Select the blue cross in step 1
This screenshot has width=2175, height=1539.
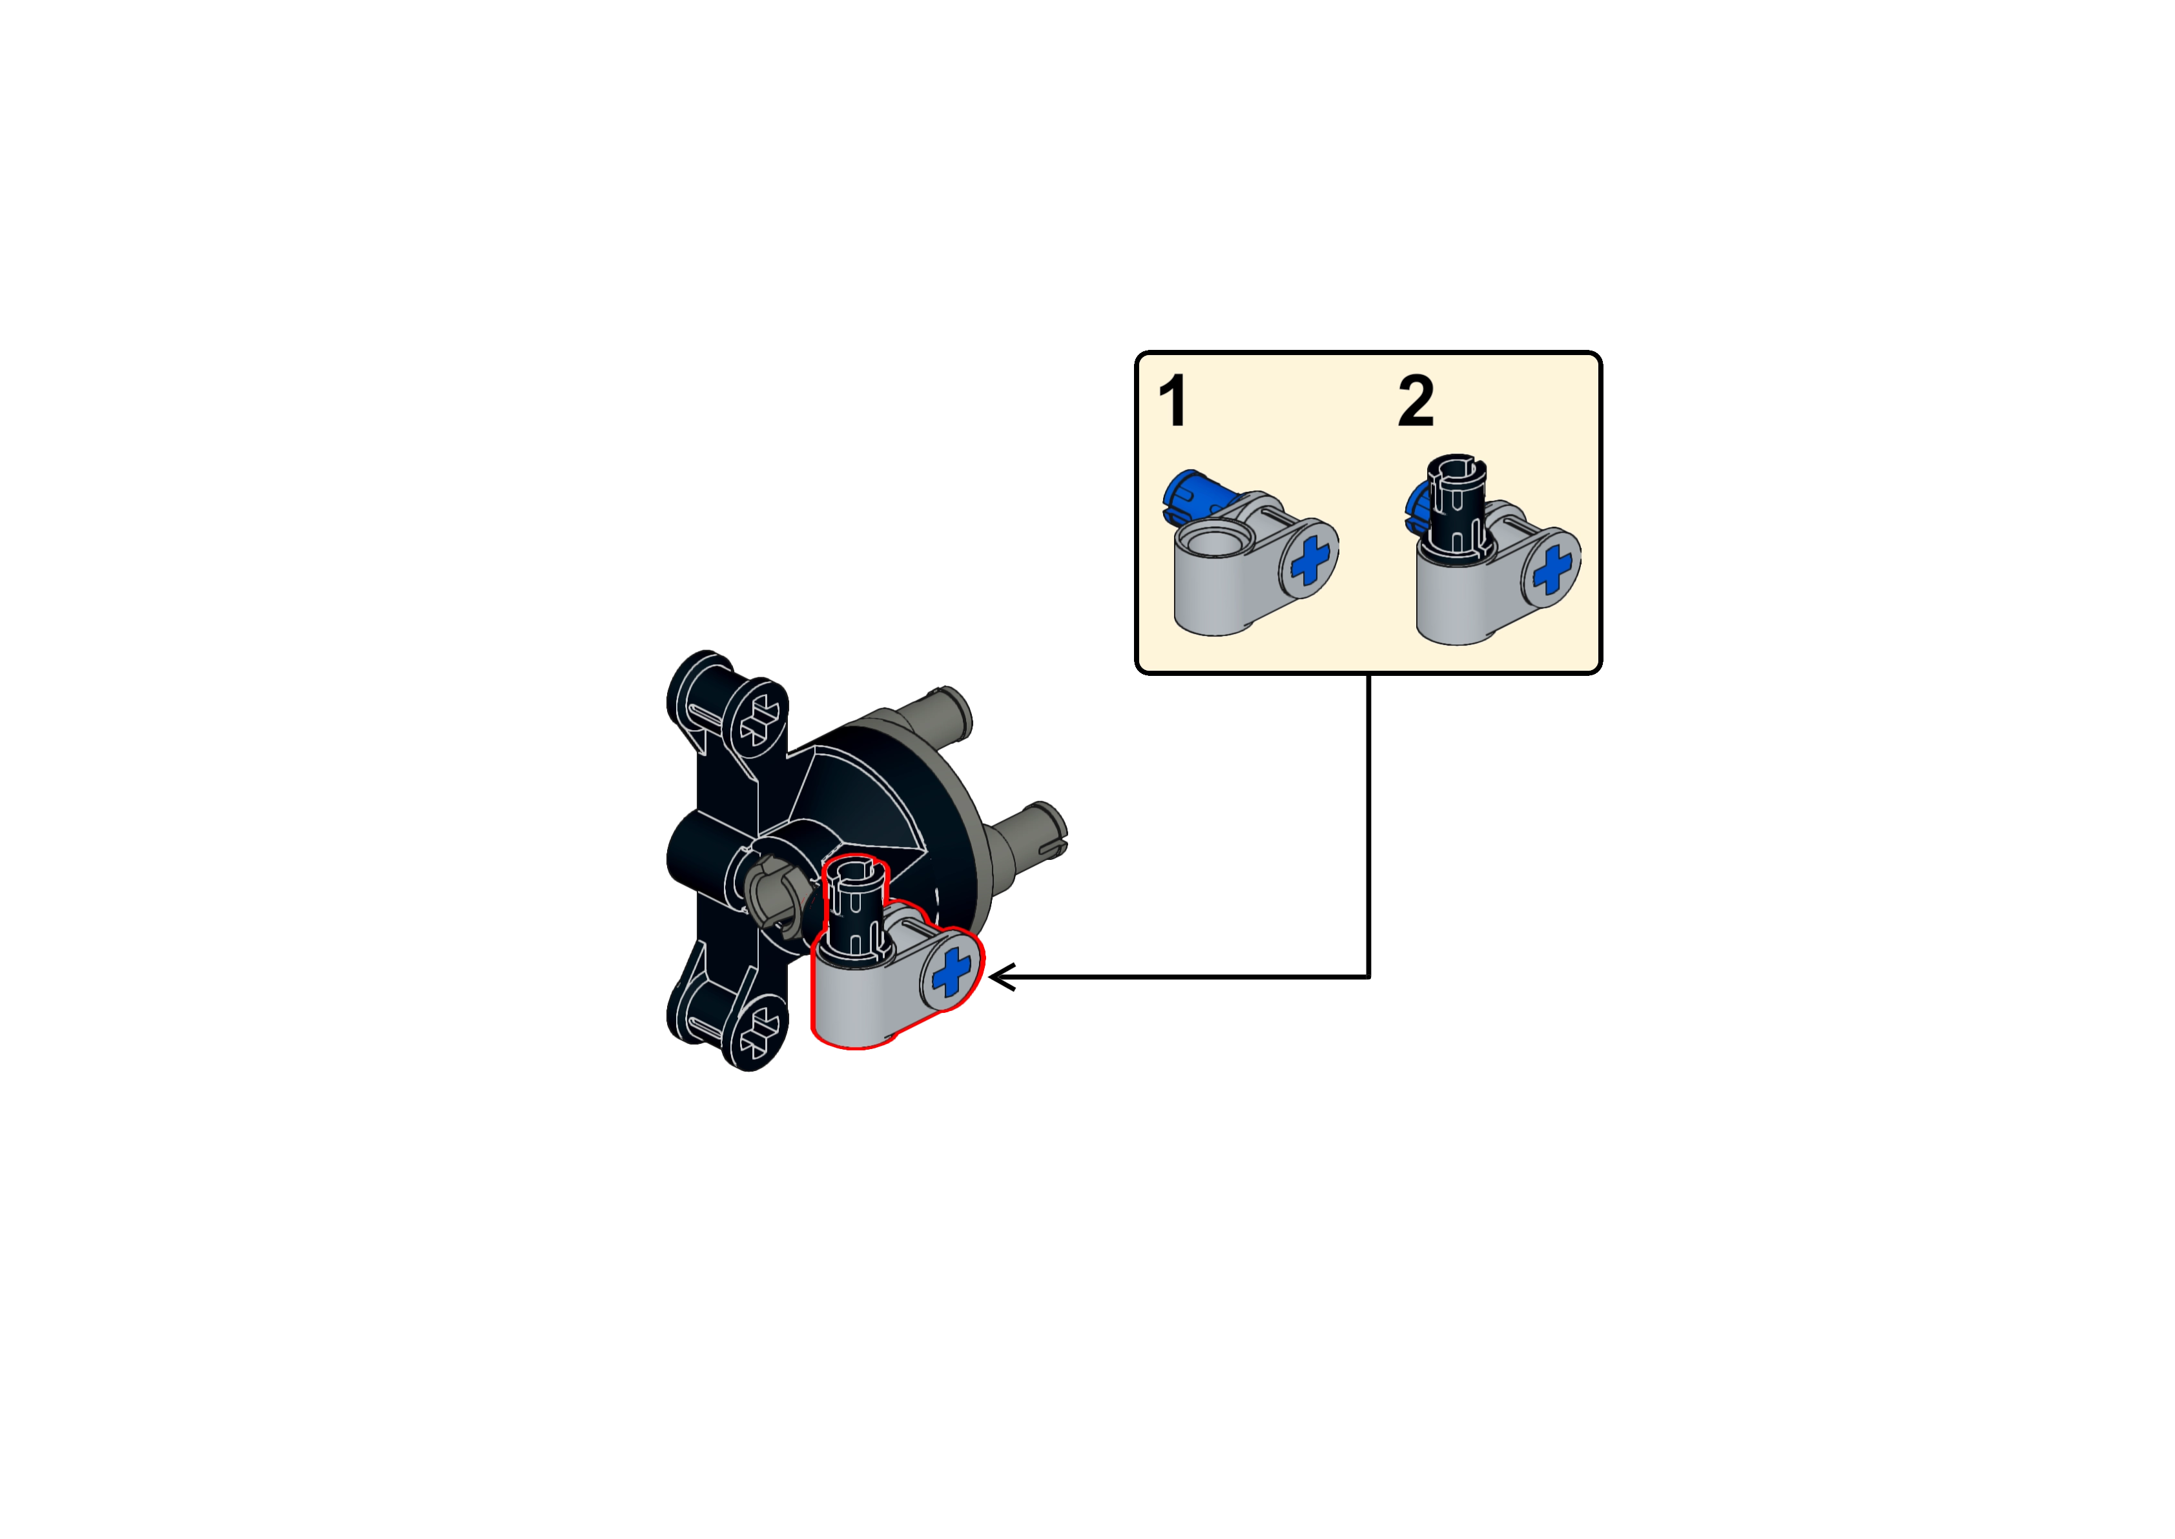click(x=1310, y=560)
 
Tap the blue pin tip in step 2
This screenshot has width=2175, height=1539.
click(x=1414, y=503)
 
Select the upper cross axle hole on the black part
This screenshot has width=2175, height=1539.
click(x=761, y=720)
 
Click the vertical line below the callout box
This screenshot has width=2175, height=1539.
click(x=1368, y=824)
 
